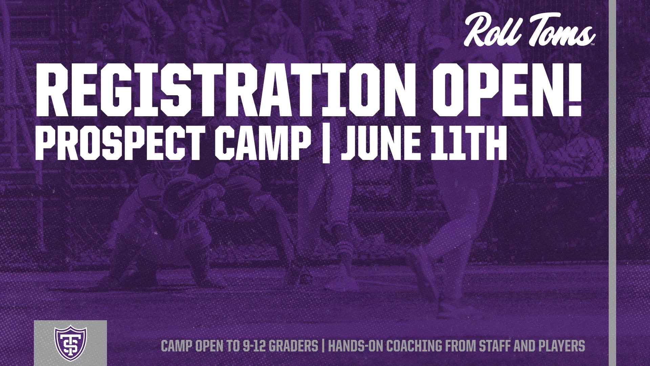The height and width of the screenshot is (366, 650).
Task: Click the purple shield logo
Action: pyautogui.click(x=70, y=343)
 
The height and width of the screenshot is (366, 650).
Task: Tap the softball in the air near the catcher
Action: pyautogui.click(x=222, y=168)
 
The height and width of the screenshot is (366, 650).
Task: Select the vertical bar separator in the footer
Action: pyautogui.click(x=323, y=346)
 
